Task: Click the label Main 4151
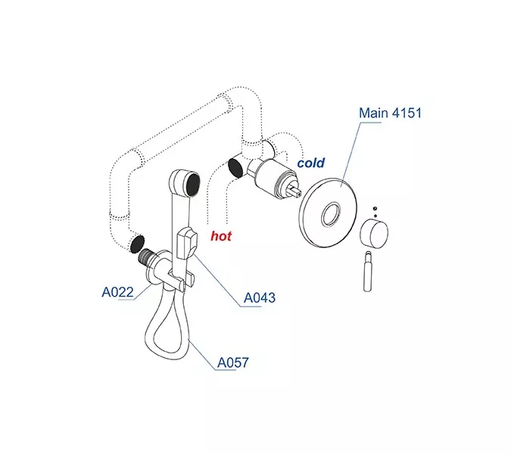point(391,113)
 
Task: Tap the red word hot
point(221,236)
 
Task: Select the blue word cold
point(310,163)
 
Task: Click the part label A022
point(117,291)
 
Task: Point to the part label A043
point(259,298)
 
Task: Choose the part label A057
point(232,363)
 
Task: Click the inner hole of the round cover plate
point(331,216)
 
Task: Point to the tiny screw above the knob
point(374,207)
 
